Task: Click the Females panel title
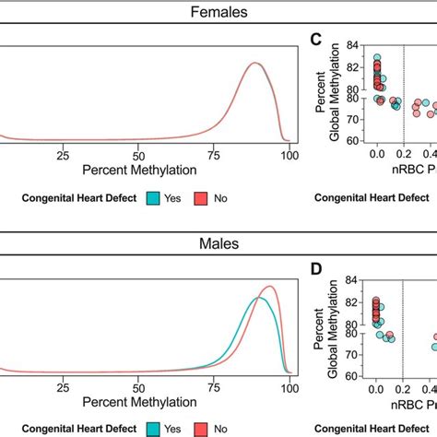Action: [x=218, y=14]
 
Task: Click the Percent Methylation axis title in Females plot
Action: [x=140, y=170]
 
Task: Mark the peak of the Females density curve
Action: [x=255, y=63]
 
